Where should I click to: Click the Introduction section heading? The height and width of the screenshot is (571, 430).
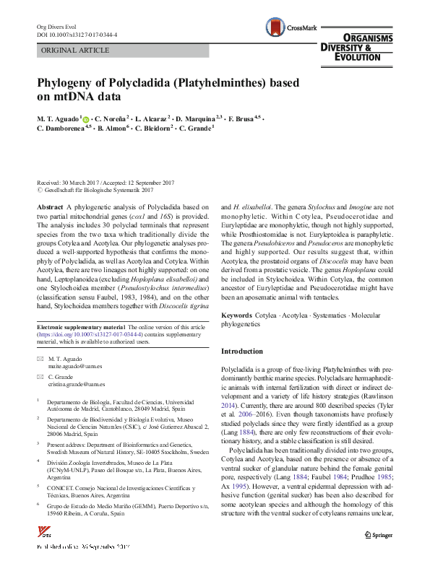point(242,352)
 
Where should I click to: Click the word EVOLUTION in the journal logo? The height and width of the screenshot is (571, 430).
point(364,56)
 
